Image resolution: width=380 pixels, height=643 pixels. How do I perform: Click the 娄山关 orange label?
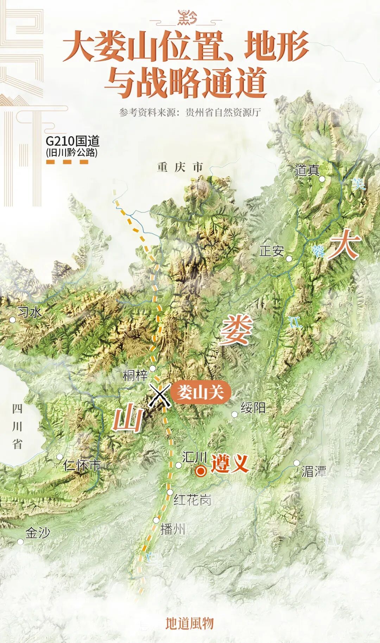pyautogui.click(x=200, y=392)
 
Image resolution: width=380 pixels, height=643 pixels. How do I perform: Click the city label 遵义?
pyautogui.click(x=229, y=464)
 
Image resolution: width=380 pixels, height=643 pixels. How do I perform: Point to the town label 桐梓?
pyautogui.click(x=135, y=376)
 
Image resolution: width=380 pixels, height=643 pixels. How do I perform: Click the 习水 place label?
pyautogui.click(x=30, y=312)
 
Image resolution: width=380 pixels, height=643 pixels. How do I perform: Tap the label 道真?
pyautogui.click(x=307, y=170)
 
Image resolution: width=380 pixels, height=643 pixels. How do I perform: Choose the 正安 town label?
pyautogui.click(x=271, y=251)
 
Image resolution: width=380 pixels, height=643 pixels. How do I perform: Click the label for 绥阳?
pyautogui.click(x=253, y=408)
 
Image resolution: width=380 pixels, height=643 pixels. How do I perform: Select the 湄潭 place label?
pyautogui.click(x=314, y=471)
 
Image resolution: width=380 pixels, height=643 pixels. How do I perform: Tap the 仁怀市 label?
pyautogui.click(x=82, y=465)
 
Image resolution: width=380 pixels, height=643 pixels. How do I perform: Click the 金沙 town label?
pyautogui.click(x=38, y=533)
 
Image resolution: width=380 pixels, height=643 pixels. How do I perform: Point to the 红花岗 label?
pyautogui.click(x=192, y=499)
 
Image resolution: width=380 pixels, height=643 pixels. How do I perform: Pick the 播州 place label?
pyautogui.click(x=172, y=529)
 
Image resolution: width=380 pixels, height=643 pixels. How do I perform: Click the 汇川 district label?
pyautogui.click(x=194, y=457)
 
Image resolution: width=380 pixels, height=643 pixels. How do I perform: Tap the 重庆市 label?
pyautogui.click(x=180, y=167)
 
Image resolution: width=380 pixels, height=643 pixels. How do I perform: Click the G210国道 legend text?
pyautogui.click(x=72, y=141)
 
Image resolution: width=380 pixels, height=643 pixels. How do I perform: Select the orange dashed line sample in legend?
pyautogui.click(x=67, y=162)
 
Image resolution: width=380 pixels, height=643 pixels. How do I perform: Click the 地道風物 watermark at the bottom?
pyautogui.click(x=190, y=623)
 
